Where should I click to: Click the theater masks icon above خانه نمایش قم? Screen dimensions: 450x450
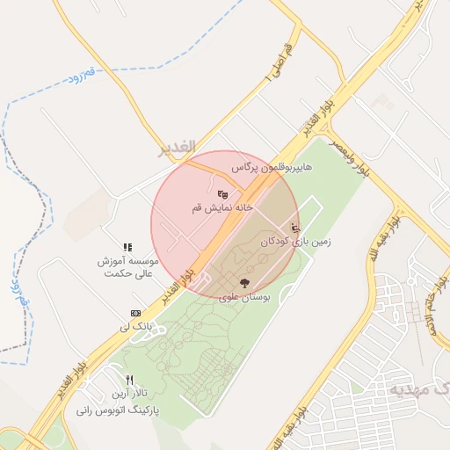point(222,193)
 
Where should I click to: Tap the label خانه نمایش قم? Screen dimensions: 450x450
point(222,208)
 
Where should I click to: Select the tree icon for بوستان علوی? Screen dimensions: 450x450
point(244,283)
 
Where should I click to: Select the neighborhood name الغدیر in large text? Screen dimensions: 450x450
point(175,149)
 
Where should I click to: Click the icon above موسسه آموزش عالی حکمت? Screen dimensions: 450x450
point(127,248)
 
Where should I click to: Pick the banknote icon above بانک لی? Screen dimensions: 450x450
point(135,313)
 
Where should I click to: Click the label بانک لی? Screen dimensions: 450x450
point(136,327)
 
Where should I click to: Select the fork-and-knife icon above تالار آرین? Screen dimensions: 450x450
point(129,379)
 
